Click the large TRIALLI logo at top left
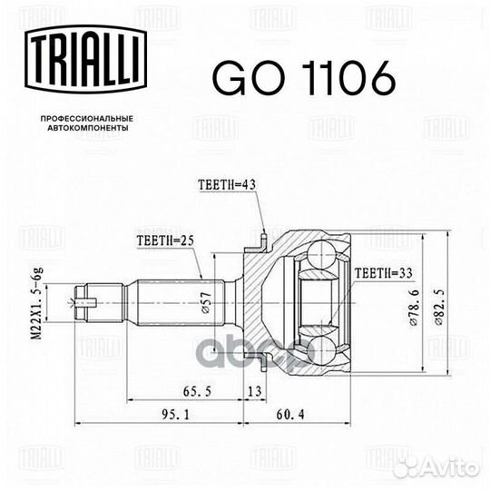click(86, 59)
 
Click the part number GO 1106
click(304, 77)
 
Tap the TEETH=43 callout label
click(227, 185)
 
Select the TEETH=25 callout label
click(165, 240)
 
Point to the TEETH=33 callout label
click(383, 273)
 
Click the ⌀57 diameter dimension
click(207, 302)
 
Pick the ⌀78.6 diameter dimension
click(415, 308)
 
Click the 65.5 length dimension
click(197, 391)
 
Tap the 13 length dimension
click(255, 391)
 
